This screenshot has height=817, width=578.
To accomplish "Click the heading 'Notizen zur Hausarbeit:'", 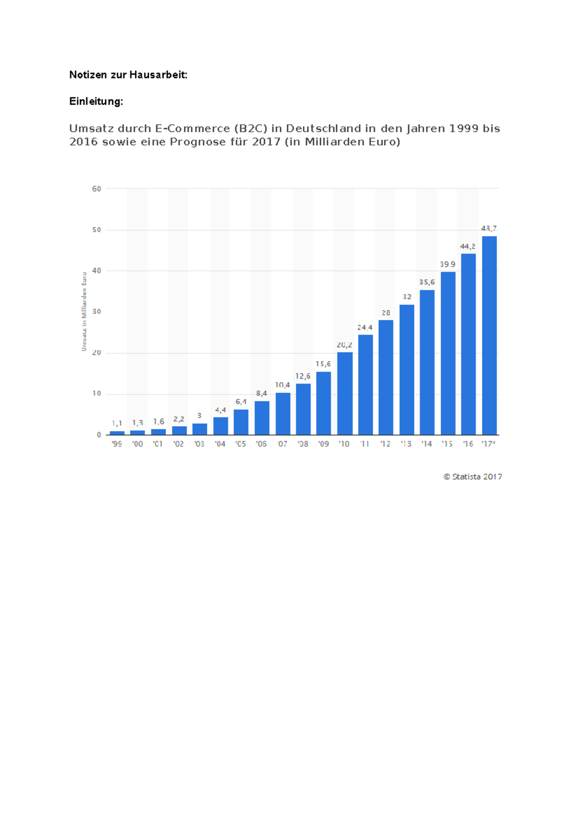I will tap(128, 75).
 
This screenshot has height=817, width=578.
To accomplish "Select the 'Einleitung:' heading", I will tap(96, 102).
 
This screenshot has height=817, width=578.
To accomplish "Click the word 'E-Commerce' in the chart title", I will tap(192, 128).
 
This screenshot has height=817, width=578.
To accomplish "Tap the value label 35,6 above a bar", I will tap(427, 282).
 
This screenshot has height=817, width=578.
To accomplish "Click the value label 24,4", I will tap(365, 328).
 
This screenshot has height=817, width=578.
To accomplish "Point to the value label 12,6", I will tap(303, 376).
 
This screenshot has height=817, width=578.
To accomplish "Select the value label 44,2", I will tap(468, 246).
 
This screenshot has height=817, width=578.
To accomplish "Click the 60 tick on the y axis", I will tap(97, 189).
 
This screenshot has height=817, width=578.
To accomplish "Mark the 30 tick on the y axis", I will tap(97, 312).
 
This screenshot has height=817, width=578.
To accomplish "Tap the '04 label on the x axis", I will tap(220, 444).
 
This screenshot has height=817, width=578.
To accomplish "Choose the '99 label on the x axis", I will tap(117, 444).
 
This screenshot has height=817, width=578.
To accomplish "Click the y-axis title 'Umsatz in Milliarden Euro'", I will tap(84, 312).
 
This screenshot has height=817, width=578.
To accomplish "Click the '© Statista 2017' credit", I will tap(473, 477).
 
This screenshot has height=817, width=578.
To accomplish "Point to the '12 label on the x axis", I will tap(385, 444).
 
